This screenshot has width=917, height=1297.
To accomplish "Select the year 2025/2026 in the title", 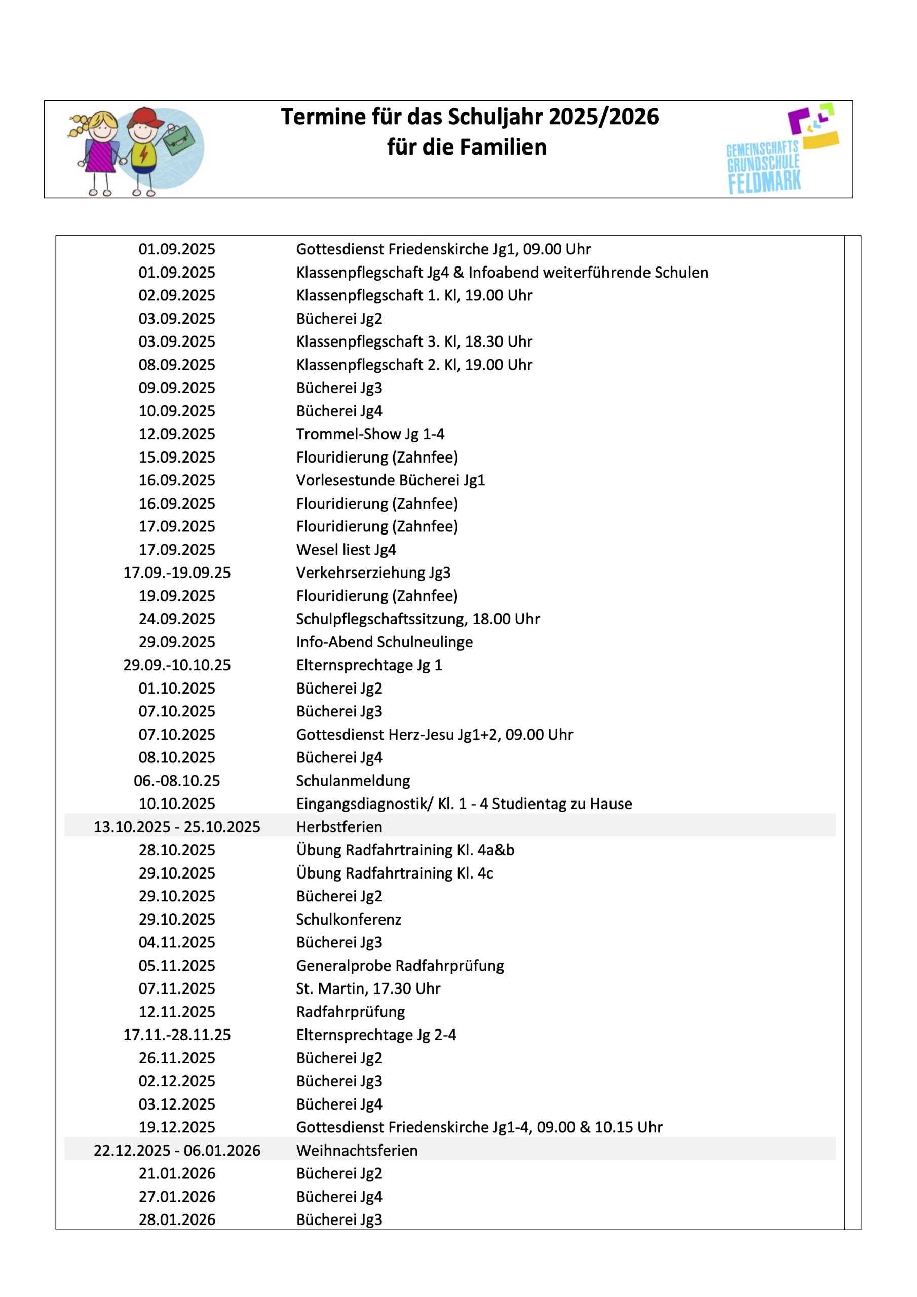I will [603, 117].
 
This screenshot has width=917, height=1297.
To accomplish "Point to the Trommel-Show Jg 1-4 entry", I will [370, 434].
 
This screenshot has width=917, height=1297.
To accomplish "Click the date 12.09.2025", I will [177, 434].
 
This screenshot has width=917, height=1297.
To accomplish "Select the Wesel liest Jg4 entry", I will [346, 550].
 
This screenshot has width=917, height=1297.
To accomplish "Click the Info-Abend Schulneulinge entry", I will [384, 642].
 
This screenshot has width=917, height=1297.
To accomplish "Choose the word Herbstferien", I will [339, 827].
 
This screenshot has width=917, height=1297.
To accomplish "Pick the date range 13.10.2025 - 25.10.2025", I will [177, 827].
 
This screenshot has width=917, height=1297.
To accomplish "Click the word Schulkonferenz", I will [349, 920].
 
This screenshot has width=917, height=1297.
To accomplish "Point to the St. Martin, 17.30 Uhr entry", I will [368, 988].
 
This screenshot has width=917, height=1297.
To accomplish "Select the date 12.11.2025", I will [177, 1012].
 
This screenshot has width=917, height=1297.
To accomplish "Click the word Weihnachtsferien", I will [357, 1151].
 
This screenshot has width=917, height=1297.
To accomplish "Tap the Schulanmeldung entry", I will [353, 781].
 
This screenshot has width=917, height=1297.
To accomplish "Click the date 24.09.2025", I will [177, 619].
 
